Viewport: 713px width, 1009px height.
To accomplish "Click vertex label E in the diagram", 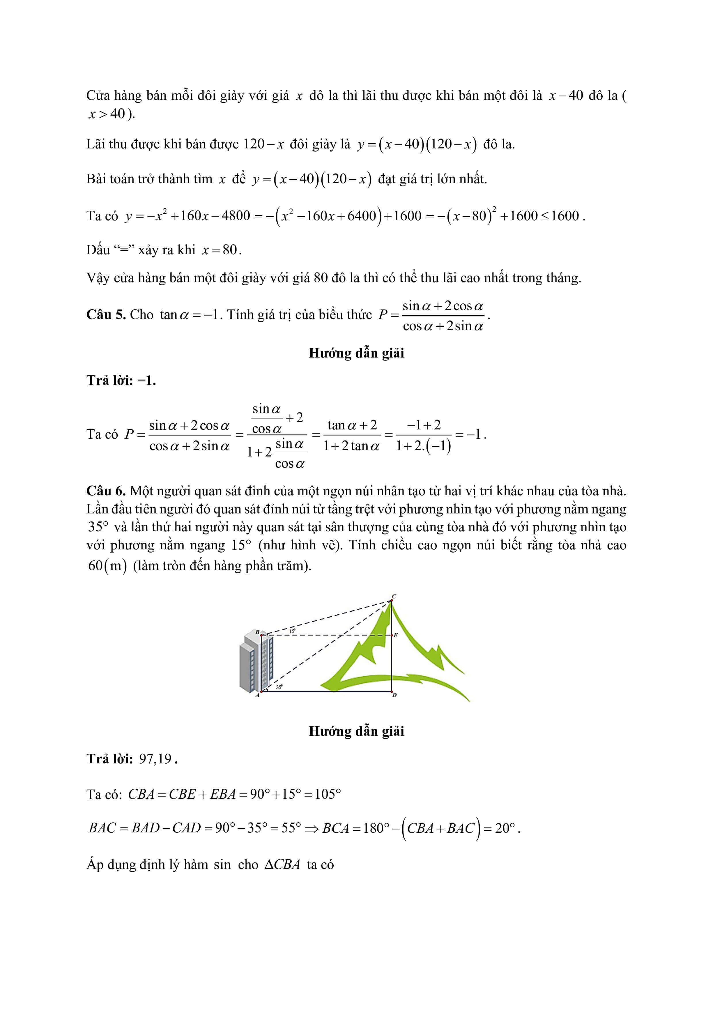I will click(395, 635).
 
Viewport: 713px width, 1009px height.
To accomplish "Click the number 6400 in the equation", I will click(361, 216).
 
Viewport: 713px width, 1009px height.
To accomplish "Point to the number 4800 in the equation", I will click(235, 216).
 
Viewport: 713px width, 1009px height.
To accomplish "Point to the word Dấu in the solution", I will click(97, 250).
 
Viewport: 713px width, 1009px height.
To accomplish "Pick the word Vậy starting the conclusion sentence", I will click(97, 278).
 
